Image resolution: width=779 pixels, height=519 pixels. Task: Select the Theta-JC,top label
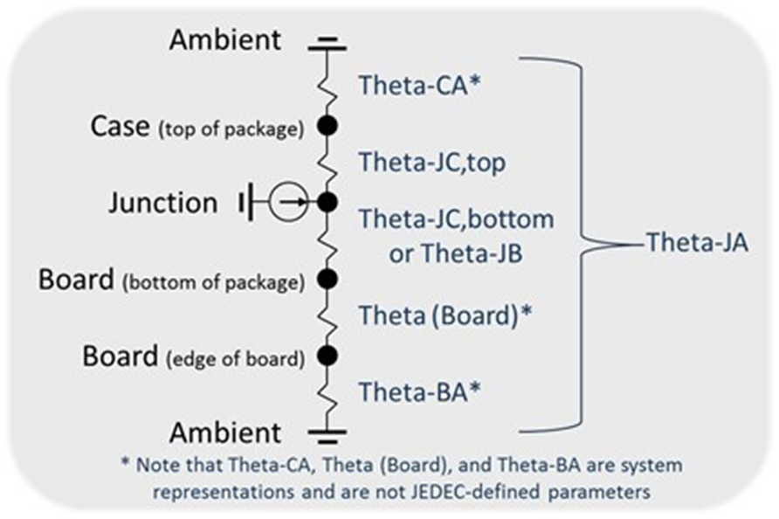coord(432,162)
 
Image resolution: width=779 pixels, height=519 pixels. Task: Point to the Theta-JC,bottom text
coord(456,218)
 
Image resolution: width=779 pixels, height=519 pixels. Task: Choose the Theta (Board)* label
coord(445,315)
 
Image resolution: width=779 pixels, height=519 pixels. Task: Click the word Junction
coord(162,203)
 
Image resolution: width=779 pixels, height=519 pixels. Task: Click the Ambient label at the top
coord(225,39)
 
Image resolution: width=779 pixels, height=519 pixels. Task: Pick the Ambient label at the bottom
coord(225,432)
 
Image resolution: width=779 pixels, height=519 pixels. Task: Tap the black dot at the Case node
coord(327,126)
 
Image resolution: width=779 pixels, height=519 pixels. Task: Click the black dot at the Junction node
coord(327,203)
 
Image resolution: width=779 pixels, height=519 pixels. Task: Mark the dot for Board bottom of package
coord(327,280)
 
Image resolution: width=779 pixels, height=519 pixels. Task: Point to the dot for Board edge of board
coord(327,356)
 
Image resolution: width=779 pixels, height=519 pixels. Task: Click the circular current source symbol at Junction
coord(286,203)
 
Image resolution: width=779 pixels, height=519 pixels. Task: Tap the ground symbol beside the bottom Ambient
coord(327,432)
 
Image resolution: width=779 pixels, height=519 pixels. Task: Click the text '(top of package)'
coord(230,131)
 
